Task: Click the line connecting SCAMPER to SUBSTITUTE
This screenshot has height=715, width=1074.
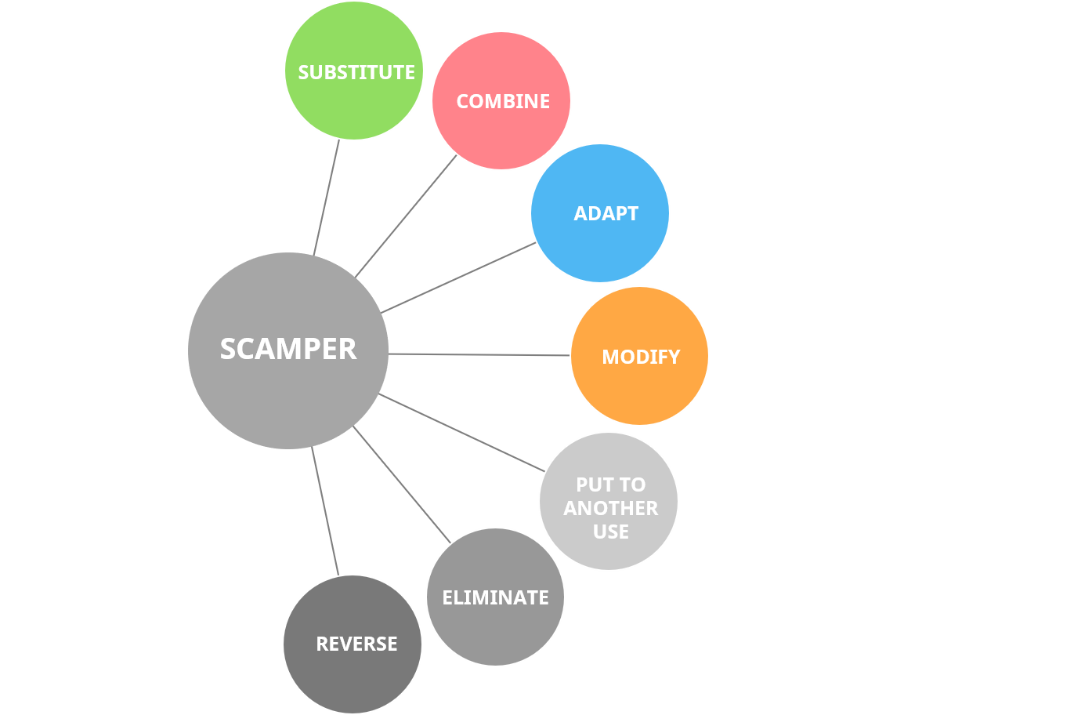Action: (327, 198)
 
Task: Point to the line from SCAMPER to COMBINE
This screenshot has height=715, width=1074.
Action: (406, 216)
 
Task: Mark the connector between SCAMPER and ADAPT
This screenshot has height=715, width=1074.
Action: (458, 278)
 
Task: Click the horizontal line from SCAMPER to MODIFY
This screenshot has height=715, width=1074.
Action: (479, 354)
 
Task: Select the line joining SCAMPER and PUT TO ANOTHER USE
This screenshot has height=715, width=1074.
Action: (462, 432)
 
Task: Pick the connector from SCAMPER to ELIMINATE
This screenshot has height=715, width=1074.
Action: (401, 484)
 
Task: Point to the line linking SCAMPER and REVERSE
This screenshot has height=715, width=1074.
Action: (324, 511)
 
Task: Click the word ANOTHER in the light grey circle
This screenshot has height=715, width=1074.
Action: (610, 508)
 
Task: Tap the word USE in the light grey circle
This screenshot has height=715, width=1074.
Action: (610, 532)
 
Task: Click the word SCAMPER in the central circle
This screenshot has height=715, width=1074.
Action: (288, 349)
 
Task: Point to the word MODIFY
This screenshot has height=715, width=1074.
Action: (641, 357)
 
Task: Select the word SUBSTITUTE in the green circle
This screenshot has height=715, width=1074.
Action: (356, 72)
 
